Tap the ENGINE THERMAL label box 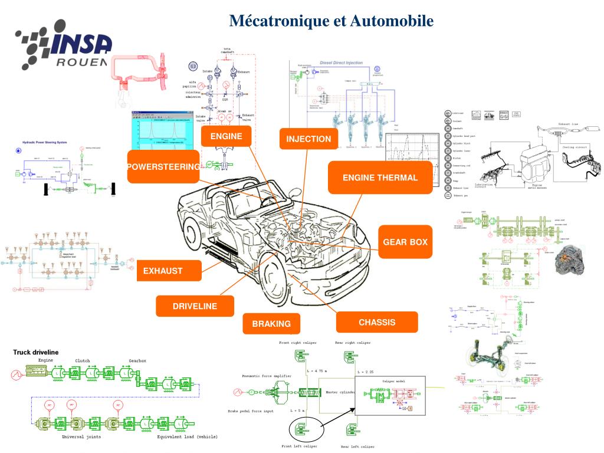tap(380, 177)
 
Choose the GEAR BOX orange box tap(405, 242)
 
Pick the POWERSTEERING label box tap(163, 167)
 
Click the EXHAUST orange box tap(163, 271)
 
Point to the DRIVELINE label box tap(195, 306)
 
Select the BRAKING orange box tap(271, 323)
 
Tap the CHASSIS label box tap(377, 322)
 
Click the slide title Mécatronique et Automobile tap(331, 21)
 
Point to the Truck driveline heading tap(36, 352)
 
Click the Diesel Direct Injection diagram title tap(341, 63)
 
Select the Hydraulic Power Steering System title tap(45, 143)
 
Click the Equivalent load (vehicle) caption tap(187, 437)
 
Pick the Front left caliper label tap(299, 447)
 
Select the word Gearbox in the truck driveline tap(137, 360)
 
